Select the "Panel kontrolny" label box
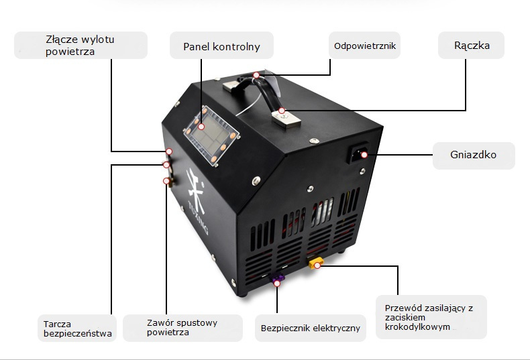pyautogui.click(x=221, y=47)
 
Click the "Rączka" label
pyautogui.click(x=471, y=46)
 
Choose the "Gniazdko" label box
pyautogui.click(x=473, y=155)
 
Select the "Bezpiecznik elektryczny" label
pyautogui.click(x=311, y=328)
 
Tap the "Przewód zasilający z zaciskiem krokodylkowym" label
pyautogui.click(x=430, y=317)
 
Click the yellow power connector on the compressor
pyautogui.click(x=314, y=261)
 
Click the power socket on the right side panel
pyautogui.click(x=356, y=156)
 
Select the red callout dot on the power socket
pyautogui.click(x=364, y=156)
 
